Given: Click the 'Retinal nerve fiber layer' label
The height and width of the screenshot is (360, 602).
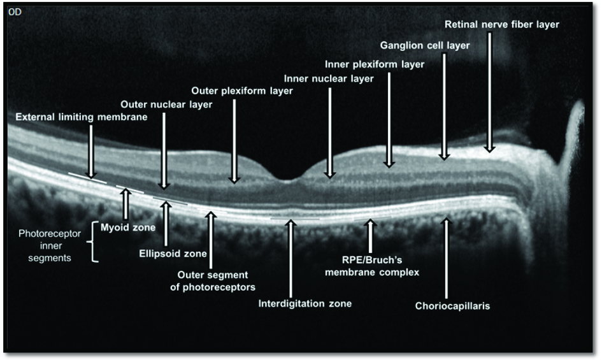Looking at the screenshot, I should point(503,25).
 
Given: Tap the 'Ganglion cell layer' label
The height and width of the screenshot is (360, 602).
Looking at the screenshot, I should point(425,46).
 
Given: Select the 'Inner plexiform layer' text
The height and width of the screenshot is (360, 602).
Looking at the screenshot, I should point(375,64).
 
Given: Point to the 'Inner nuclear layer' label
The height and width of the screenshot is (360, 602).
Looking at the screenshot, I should point(329,78).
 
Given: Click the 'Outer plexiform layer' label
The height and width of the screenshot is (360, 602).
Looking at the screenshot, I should point(242,91).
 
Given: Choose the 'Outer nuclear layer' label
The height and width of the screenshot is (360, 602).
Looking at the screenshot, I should point(166,104).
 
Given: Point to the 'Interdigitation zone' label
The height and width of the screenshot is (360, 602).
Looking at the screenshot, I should point(305,303).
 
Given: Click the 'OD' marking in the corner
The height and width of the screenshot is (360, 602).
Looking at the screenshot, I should point(15,12).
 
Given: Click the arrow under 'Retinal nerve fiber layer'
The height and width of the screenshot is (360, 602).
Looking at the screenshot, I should point(489,92).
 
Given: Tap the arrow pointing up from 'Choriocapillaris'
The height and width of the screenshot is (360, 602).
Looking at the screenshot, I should point(447,255).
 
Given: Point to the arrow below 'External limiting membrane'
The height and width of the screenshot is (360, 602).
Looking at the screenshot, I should point(91,150).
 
